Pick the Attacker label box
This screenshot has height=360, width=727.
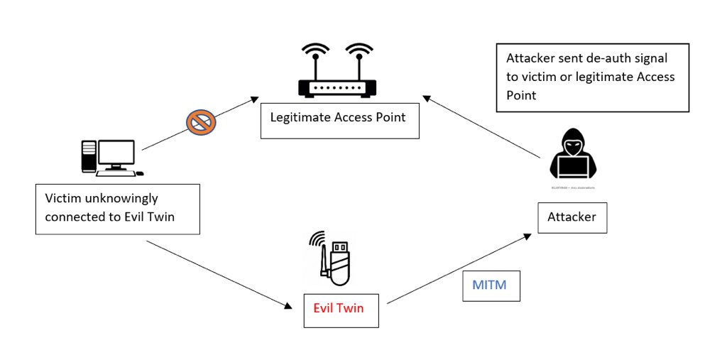pos(572,217)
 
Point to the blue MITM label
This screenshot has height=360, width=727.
pos(491,285)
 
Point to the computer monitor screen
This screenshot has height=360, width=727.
pos(116,153)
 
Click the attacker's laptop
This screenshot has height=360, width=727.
pos(573,168)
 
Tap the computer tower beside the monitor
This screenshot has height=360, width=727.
pos(89,156)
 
